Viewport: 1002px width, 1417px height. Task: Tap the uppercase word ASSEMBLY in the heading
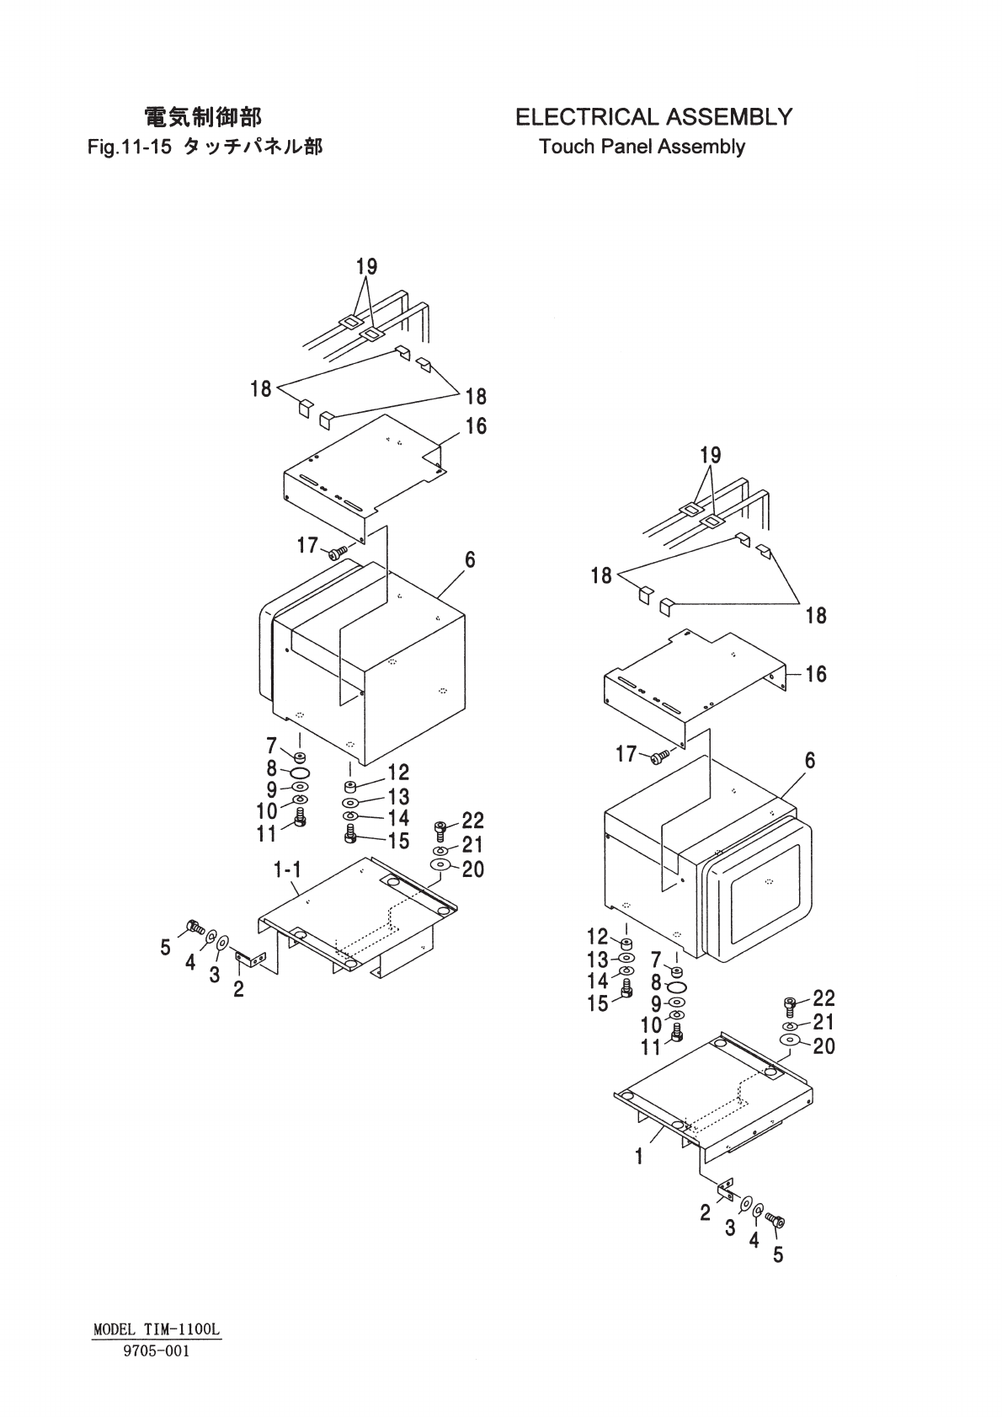click(x=728, y=116)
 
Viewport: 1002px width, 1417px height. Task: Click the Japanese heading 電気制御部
click(x=203, y=116)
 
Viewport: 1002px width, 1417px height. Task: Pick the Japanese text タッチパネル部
click(x=253, y=147)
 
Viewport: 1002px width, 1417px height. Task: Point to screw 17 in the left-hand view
click(x=338, y=553)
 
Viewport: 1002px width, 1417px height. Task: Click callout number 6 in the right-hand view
click(x=809, y=761)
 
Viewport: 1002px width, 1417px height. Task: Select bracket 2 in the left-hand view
click(x=250, y=958)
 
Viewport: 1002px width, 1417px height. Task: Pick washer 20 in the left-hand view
click(x=440, y=865)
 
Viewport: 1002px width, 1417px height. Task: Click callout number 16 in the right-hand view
click(x=815, y=674)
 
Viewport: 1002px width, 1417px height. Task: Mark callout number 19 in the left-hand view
click(x=366, y=267)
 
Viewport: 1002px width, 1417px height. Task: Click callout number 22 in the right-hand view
click(x=823, y=998)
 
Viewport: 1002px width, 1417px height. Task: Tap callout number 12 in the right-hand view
click(x=597, y=936)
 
